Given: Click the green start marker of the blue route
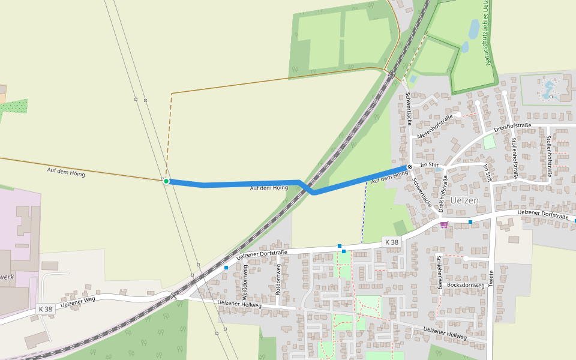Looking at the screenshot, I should (x=166, y=181).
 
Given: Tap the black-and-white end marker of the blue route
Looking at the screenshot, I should (x=410, y=167).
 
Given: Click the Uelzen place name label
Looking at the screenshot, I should (x=464, y=200).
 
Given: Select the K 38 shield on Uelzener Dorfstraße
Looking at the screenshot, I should (x=391, y=242).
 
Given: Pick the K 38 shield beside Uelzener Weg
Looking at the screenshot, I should (x=46, y=309).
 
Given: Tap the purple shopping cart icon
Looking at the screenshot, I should (x=443, y=224).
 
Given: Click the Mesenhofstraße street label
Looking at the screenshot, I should (x=434, y=127).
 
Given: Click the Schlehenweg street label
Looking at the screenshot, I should (x=440, y=272).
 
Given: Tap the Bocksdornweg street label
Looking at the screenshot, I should (x=466, y=285).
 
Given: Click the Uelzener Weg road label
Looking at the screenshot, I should (x=77, y=298).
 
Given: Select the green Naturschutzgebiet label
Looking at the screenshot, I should (x=487, y=33).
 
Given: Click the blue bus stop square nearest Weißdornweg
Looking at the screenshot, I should (x=226, y=268).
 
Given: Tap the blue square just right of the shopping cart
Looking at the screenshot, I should (x=470, y=222).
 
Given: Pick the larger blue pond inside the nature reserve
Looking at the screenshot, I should (x=473, y=29).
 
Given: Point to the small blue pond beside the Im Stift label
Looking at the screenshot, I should (x=439, y=170).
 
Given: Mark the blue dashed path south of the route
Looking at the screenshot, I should (x=364, y=213).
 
